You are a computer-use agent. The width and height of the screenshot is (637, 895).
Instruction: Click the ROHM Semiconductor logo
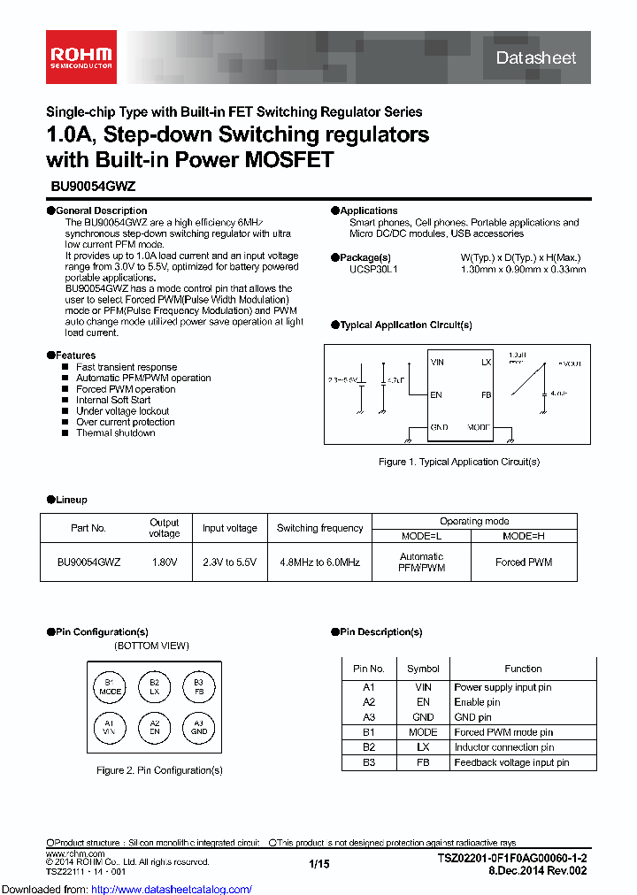tap(81, 57)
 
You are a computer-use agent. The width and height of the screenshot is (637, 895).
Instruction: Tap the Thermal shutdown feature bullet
tap(115, 433)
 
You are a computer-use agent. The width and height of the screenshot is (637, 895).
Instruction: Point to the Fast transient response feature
tap(126, 367)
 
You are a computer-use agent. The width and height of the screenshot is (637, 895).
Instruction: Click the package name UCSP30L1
tap(373, 269)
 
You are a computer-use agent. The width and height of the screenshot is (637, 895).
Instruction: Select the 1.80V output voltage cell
tap(164, 562)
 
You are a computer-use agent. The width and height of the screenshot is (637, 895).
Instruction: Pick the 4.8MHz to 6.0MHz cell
tap(319, 562)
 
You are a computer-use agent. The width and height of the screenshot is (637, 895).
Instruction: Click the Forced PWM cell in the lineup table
tap(524, 562)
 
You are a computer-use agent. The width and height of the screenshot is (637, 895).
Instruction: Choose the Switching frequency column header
tap(319, 528)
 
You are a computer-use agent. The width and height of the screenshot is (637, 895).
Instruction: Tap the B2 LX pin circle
tap(154, 687)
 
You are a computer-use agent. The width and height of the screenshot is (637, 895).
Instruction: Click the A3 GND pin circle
tap(199, 727)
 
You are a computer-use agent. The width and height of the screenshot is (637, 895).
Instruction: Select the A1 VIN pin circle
tap(110, 727)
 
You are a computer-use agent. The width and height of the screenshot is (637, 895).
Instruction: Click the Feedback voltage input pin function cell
tap(511, 762)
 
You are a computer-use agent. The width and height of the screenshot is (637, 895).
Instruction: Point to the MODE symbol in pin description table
tap(423, 732)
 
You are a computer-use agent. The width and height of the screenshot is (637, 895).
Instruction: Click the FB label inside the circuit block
tap(486, 394)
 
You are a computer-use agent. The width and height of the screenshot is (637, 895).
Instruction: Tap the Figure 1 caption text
tap(459, 462)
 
